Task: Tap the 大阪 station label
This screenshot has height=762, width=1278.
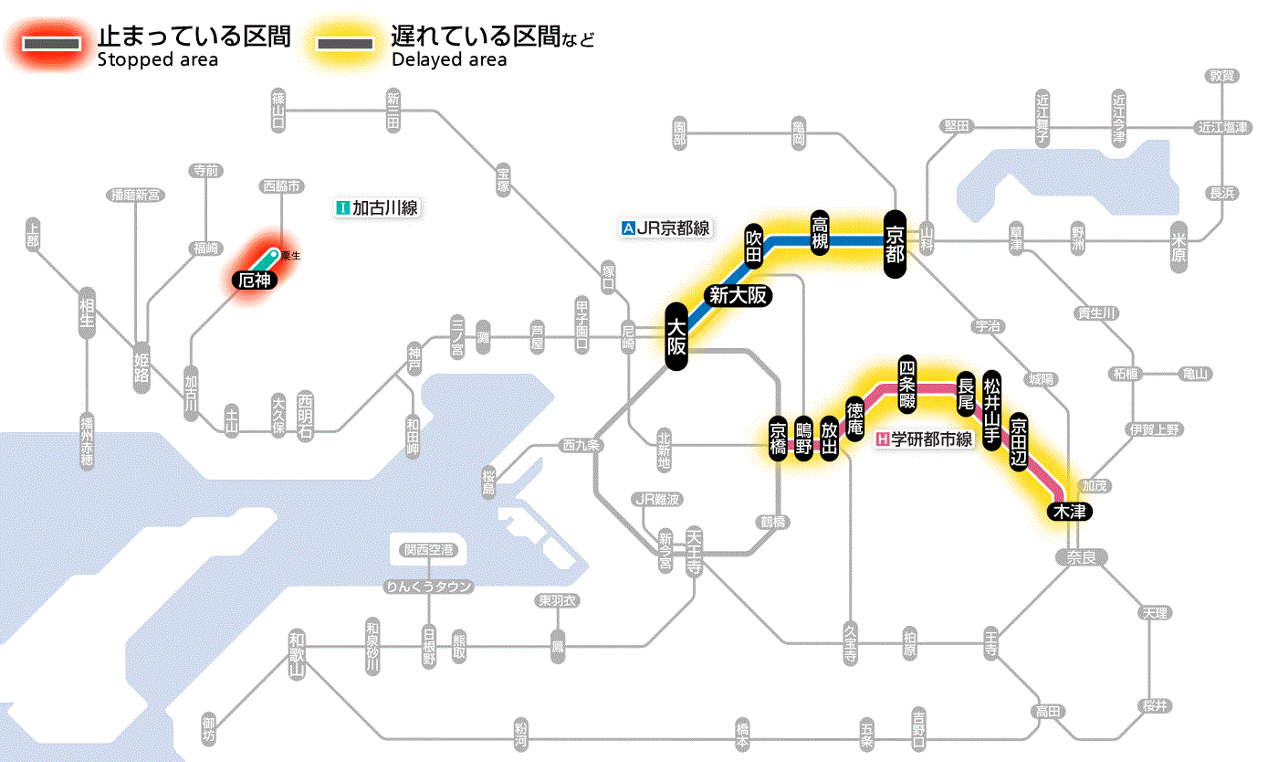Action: pos(676,337)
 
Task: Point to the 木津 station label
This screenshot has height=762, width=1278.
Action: pos(1069,511)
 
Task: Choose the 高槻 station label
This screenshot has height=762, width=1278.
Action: pos(820,234)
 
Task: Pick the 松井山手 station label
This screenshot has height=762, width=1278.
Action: pos(992,408)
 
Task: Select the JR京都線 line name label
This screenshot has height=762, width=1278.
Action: pos(665,228)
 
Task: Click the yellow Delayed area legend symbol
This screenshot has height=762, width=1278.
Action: pos(345,44)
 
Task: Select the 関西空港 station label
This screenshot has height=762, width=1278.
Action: pos(429,550)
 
